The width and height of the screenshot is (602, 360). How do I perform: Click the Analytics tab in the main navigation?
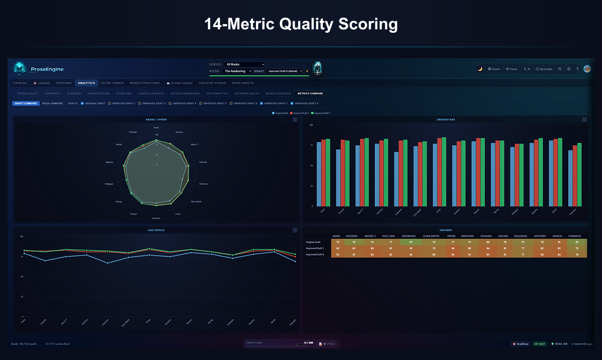tap(86, 83)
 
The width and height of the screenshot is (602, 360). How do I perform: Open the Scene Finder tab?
tap(112, 83)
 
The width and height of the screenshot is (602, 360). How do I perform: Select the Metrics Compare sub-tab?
tap(310, 93)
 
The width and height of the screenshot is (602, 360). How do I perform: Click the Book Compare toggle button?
tap(52, 103)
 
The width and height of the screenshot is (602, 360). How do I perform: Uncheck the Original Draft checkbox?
tap(82, 103)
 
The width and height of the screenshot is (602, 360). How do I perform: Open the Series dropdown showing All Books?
tap(245, 64)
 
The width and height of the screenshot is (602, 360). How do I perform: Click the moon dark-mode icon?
tap(480, 69)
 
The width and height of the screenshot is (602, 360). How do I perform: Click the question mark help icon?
tap(577, 69)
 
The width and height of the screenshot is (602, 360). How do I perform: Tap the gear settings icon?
tap(568, 69)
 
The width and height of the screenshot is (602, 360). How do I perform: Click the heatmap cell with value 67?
tap(409, 242)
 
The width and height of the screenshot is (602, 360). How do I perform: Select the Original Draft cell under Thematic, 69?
tap(577, 242)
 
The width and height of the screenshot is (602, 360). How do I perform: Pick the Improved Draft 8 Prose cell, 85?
tap(451, 254)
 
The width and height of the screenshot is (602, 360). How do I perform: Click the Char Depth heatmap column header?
tap(431, 236)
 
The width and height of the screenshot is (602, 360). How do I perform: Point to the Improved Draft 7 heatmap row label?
tap(315, 248)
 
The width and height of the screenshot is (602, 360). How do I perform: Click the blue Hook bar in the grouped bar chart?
tap(319, 174)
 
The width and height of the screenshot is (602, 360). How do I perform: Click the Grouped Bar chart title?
tap(446, 120)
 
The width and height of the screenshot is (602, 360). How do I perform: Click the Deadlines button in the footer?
tap(520, 344)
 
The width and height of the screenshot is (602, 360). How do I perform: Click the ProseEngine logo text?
tap(47, 69)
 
